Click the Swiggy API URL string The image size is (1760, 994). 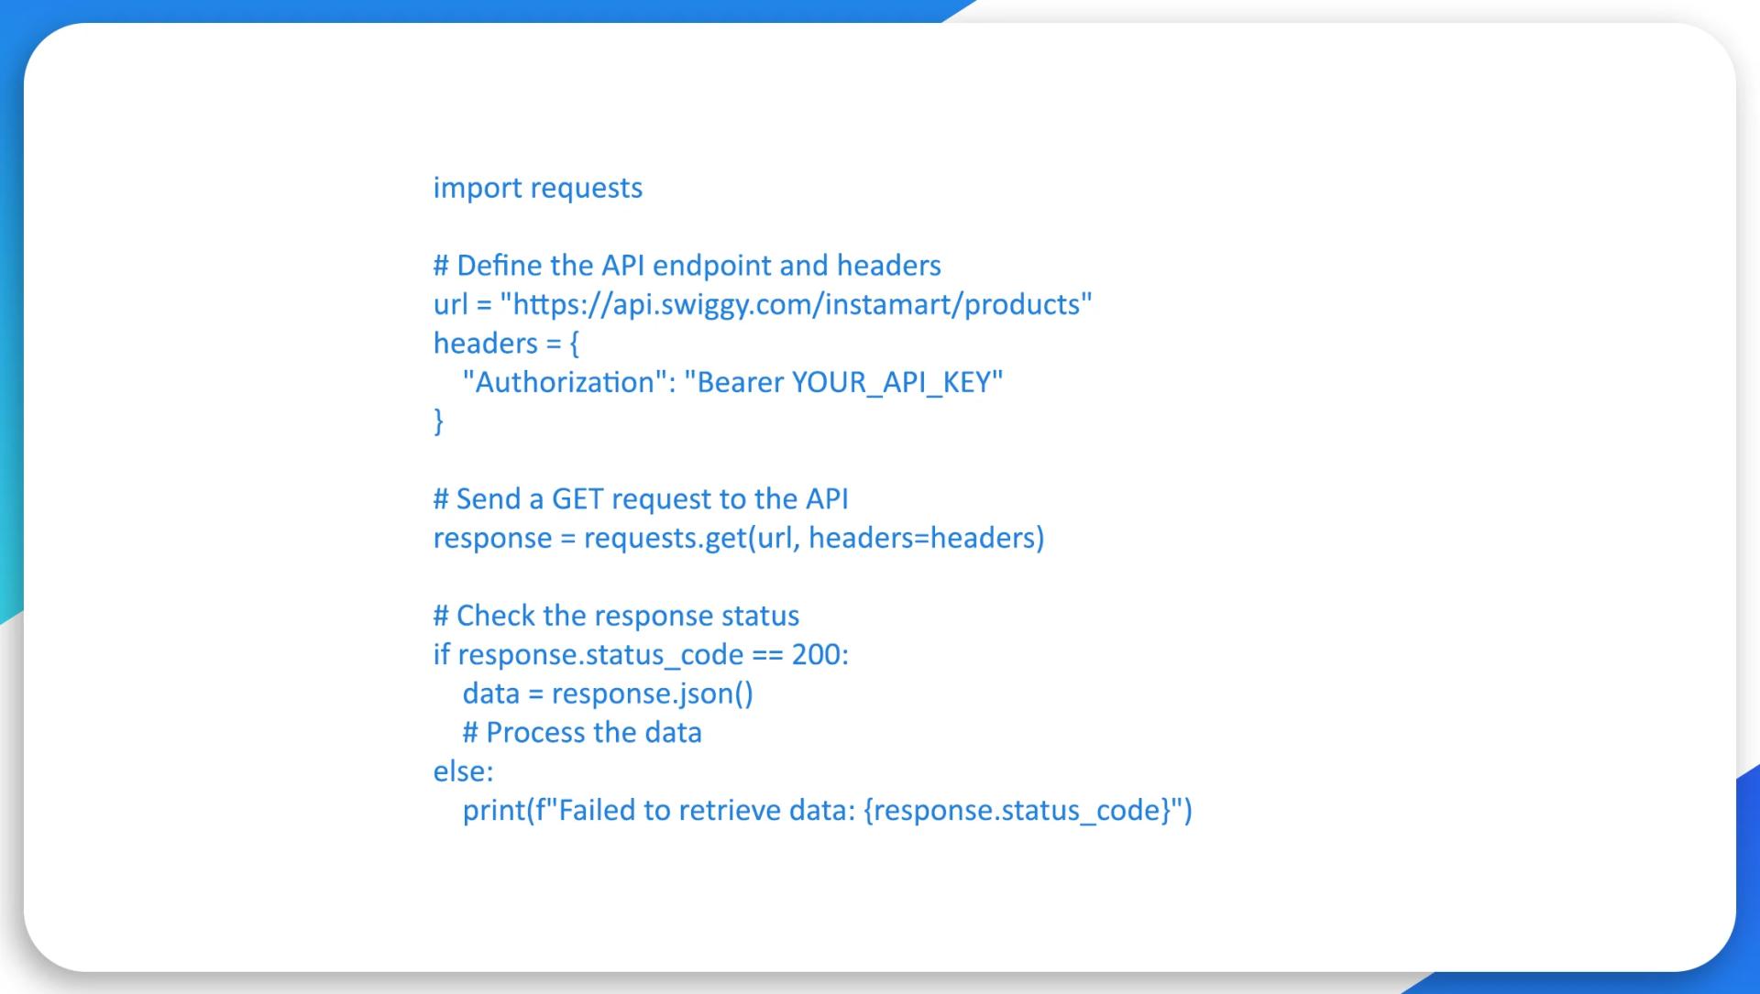796,304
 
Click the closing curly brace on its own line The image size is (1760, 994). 438,421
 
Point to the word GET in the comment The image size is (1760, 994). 577,499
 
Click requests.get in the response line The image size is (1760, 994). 665,538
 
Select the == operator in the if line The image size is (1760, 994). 767,655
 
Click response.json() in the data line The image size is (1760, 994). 652,694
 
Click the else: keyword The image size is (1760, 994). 463,771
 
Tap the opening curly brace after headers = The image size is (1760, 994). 575,344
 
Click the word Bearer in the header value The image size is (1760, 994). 740,382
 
